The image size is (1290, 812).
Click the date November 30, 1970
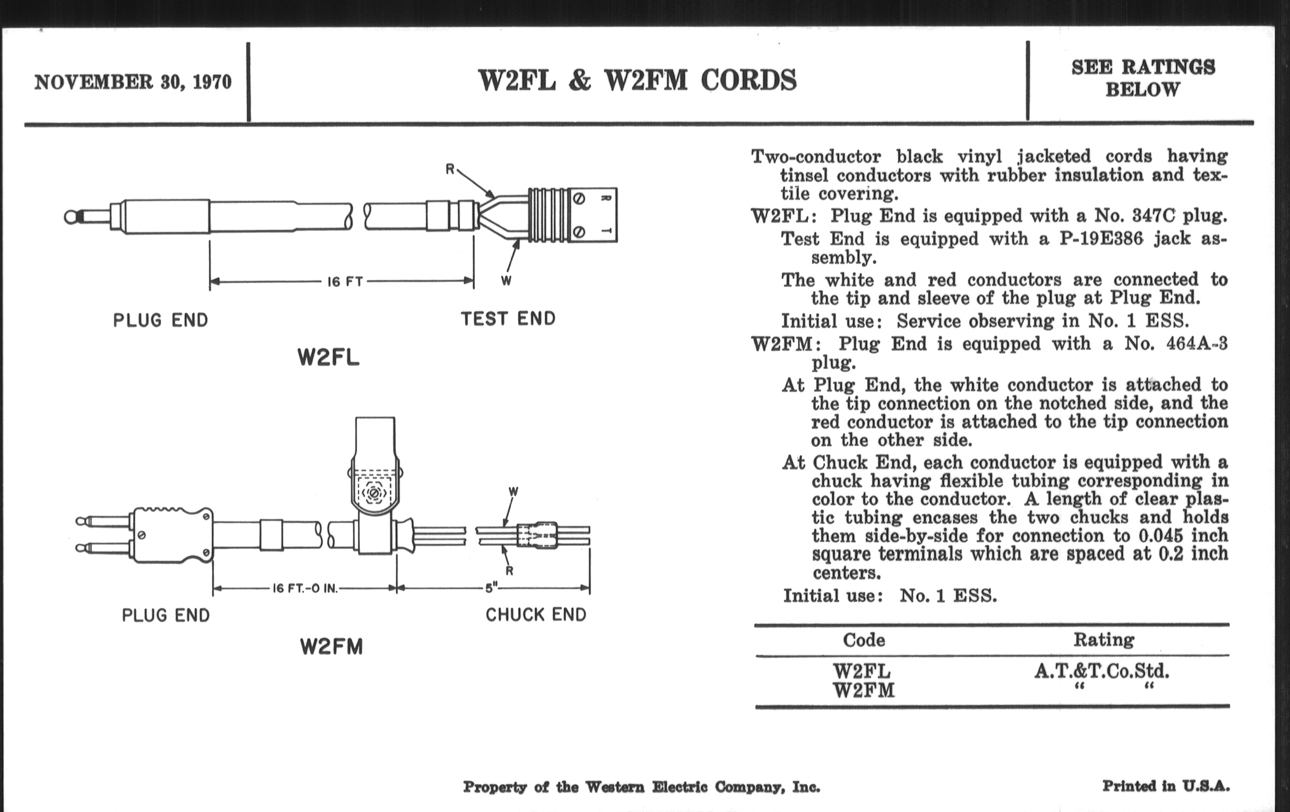133,83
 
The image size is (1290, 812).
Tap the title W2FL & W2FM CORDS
637,81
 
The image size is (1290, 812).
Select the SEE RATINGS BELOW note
1143,78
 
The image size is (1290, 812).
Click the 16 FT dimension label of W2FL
345,281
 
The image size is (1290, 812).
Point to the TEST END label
508,319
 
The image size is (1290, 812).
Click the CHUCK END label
536,614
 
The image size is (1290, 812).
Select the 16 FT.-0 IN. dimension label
305,589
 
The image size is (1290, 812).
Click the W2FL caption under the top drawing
328,358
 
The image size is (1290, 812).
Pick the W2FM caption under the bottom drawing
331,647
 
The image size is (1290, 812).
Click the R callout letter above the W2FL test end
450,170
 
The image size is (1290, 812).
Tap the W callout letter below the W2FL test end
505,280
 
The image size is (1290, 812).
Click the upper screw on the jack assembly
579,198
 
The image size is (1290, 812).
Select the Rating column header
1104,640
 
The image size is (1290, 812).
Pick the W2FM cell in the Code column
864,690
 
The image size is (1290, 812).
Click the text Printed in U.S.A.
1166,787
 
